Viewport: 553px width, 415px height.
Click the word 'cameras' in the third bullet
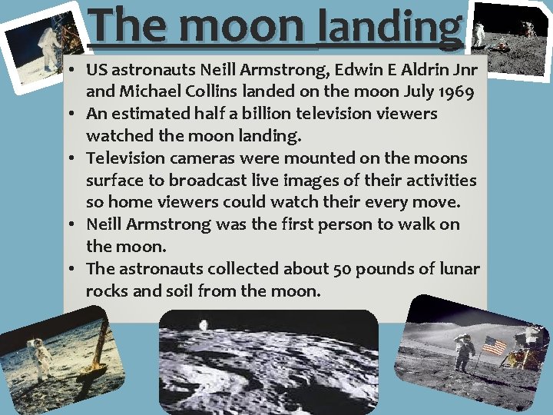click(x=203, y=158)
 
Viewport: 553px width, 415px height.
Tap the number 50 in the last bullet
click(x=343, y=269)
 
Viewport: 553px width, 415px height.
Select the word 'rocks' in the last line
click(x=107, y=291)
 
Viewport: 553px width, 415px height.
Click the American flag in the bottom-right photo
click(x=494, y=346)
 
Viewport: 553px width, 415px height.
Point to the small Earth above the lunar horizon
click(x=204, y=325)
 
